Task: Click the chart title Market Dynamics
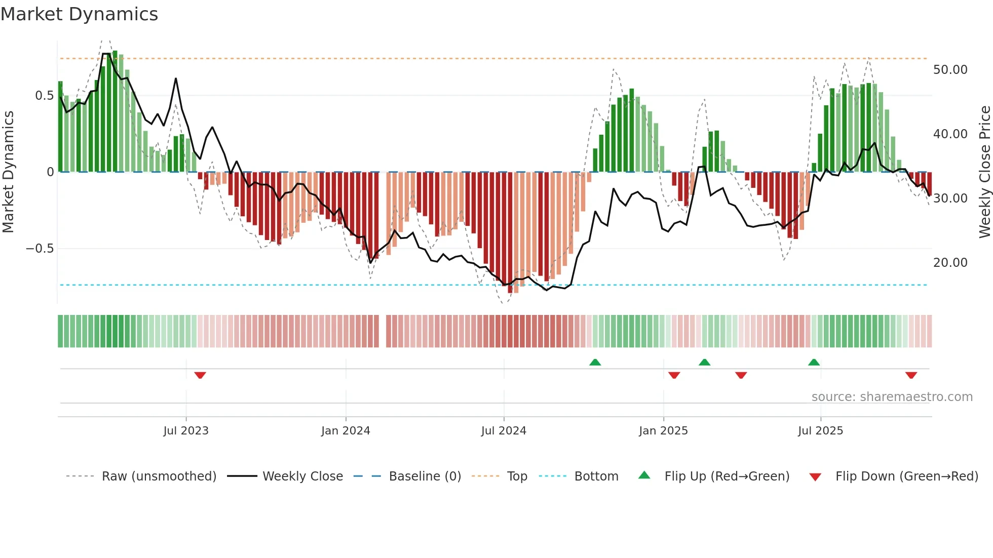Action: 80,14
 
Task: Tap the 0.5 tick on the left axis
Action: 44,96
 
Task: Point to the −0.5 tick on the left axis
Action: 40,249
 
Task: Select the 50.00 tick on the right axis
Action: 950,70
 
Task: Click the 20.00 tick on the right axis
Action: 950,263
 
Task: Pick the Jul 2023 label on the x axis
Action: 186,431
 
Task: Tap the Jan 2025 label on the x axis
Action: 663,431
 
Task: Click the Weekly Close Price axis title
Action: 984,172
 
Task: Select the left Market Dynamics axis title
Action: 8,172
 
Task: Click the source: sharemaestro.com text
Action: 892,397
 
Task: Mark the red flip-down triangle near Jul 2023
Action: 200,375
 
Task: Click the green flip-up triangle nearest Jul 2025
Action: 814,362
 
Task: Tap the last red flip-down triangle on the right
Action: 911,375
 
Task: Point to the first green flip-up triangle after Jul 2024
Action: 595,362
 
